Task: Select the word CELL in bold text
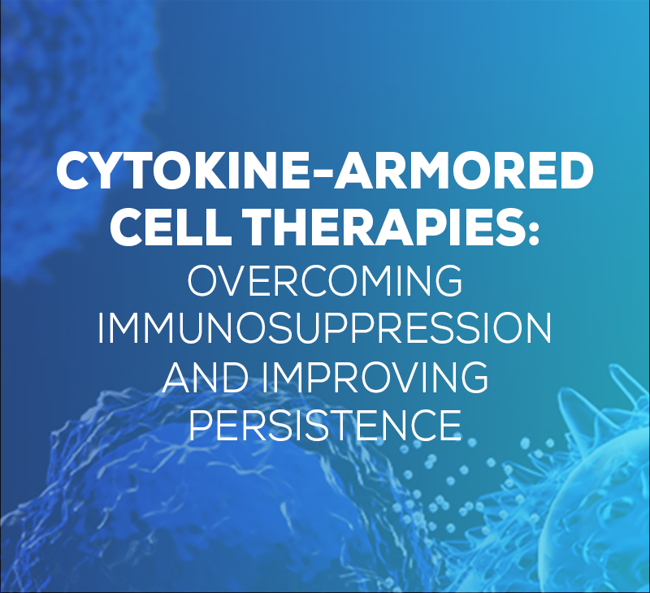click(x=171, y=226)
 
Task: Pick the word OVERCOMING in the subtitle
click(x=325, y=280)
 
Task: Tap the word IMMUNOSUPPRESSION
click(x=325, y=329)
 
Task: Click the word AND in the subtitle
click(x=206, y=377)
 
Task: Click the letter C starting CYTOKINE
click(x=74, y=171)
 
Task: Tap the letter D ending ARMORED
click(x=575, y=171)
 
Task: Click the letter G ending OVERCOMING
click(x=448, y=280)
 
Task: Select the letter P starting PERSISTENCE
click(x=201, y=425)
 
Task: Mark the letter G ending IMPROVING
click(x=473, y=377)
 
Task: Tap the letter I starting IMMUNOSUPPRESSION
click(x=100, y=329)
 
